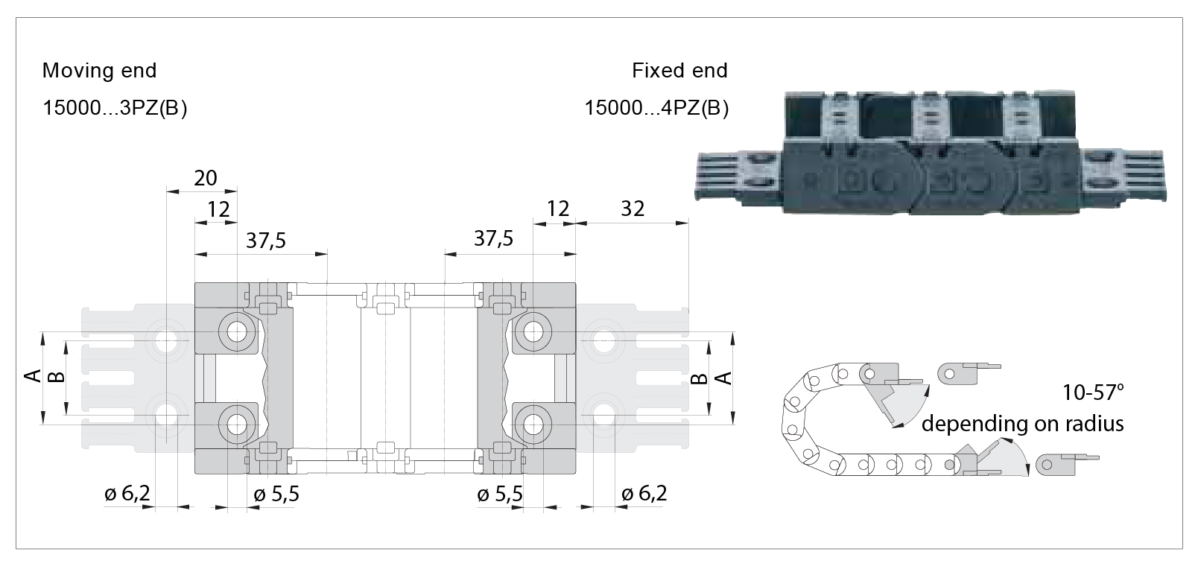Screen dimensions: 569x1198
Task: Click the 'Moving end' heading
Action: (99, 71)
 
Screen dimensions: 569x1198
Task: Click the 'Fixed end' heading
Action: (679, 71)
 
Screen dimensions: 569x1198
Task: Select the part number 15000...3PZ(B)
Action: (115, 108)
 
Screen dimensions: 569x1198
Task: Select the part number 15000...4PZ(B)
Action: (656, 108)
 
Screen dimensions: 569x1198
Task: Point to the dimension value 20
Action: (206, 178)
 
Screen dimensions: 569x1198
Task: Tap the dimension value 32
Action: (632, 209)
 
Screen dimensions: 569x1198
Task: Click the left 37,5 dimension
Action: (266, 241)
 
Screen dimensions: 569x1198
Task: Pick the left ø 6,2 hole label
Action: (127, 493)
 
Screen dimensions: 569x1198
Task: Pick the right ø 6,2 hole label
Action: (644, 493)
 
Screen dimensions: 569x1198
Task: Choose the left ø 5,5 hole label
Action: (276, 494)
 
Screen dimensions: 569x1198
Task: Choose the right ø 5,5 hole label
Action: (499, 494)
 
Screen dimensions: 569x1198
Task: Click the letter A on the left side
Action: (33, 376)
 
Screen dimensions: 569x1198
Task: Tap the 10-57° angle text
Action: (1094, 392)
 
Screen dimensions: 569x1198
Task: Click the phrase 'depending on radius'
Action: (1022, 424)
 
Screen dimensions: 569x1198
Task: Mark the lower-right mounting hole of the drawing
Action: (533, 424)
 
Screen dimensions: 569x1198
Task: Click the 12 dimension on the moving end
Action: (218, 209)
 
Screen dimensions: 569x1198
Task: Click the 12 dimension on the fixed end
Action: (557, 209)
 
